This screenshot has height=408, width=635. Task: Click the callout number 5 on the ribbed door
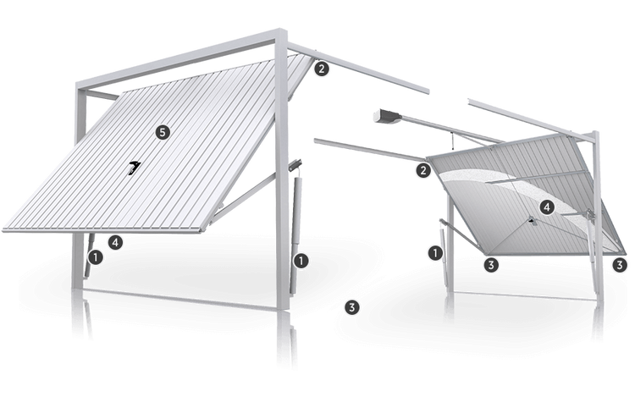(x=163, y=132)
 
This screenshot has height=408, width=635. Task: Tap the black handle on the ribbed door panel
(x=134, y=168)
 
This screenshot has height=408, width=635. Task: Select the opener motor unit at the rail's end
(x=387, y=116)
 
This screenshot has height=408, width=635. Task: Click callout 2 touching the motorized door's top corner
(x=423, y=170)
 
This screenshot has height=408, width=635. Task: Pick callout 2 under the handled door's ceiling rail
(x=321, y=69)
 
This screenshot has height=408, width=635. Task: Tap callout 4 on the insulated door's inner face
(x=547, y=207)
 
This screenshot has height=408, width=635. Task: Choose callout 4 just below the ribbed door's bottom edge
(x=115, y=242)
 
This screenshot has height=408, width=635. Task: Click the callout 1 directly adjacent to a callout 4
(x=96, y=257)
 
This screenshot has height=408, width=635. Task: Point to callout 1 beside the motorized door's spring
(x=435, y=253)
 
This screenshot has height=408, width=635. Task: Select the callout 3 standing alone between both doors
(x=351, y=307)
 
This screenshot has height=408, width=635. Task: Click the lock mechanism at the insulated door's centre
(x=531, y=220)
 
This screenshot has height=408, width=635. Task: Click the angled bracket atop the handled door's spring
(x=295, y=163)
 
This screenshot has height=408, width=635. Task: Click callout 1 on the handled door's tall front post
(x=301, y=261)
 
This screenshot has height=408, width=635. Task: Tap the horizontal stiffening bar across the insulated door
(x=538, y=177)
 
